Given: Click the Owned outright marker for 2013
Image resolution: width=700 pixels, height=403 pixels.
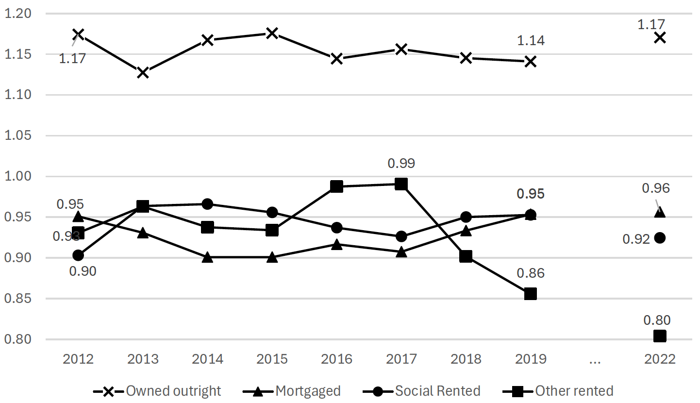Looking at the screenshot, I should click(142, 73).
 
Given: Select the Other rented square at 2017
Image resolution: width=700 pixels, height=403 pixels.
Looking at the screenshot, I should click(401, 184).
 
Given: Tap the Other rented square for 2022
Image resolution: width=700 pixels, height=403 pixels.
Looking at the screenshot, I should click(660, 336).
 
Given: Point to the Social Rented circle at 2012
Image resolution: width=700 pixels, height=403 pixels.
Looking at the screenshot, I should click(78, 255).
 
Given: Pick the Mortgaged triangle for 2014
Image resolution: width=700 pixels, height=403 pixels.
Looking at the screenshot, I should click(207, 257).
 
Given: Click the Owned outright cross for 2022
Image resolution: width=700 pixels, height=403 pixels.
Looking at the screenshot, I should click(660, 37).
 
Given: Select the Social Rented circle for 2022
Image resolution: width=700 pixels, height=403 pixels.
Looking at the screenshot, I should click(660, 238).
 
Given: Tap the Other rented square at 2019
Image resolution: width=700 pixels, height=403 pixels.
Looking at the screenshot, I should click(531, 294).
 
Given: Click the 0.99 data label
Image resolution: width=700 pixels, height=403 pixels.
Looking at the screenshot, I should click(401, 164).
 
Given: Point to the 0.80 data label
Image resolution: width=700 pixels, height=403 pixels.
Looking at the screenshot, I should click(656, 320).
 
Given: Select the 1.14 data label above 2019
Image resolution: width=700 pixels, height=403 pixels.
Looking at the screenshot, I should click(531, 40).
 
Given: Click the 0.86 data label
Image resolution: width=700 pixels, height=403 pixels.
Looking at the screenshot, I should click(531, 273).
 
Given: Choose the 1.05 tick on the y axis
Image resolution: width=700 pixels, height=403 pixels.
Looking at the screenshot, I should click(17, 135).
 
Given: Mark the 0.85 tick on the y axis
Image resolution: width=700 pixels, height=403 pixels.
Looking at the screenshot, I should click(17, 299).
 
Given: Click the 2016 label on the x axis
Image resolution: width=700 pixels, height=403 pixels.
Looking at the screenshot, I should click(336, 359).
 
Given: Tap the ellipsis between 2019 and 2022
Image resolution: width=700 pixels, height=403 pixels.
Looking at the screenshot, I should click(595, 359).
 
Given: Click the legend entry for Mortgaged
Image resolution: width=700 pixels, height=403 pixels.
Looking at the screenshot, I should click(298, 391).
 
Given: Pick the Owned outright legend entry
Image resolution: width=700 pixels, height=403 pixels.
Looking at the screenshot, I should click(158, 391).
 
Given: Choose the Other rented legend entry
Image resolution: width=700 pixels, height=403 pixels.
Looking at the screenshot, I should click(558, 391).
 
